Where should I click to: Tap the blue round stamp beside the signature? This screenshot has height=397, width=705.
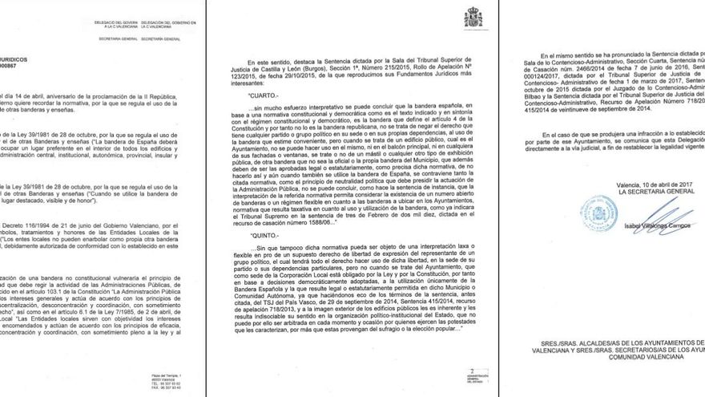(598, 214)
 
